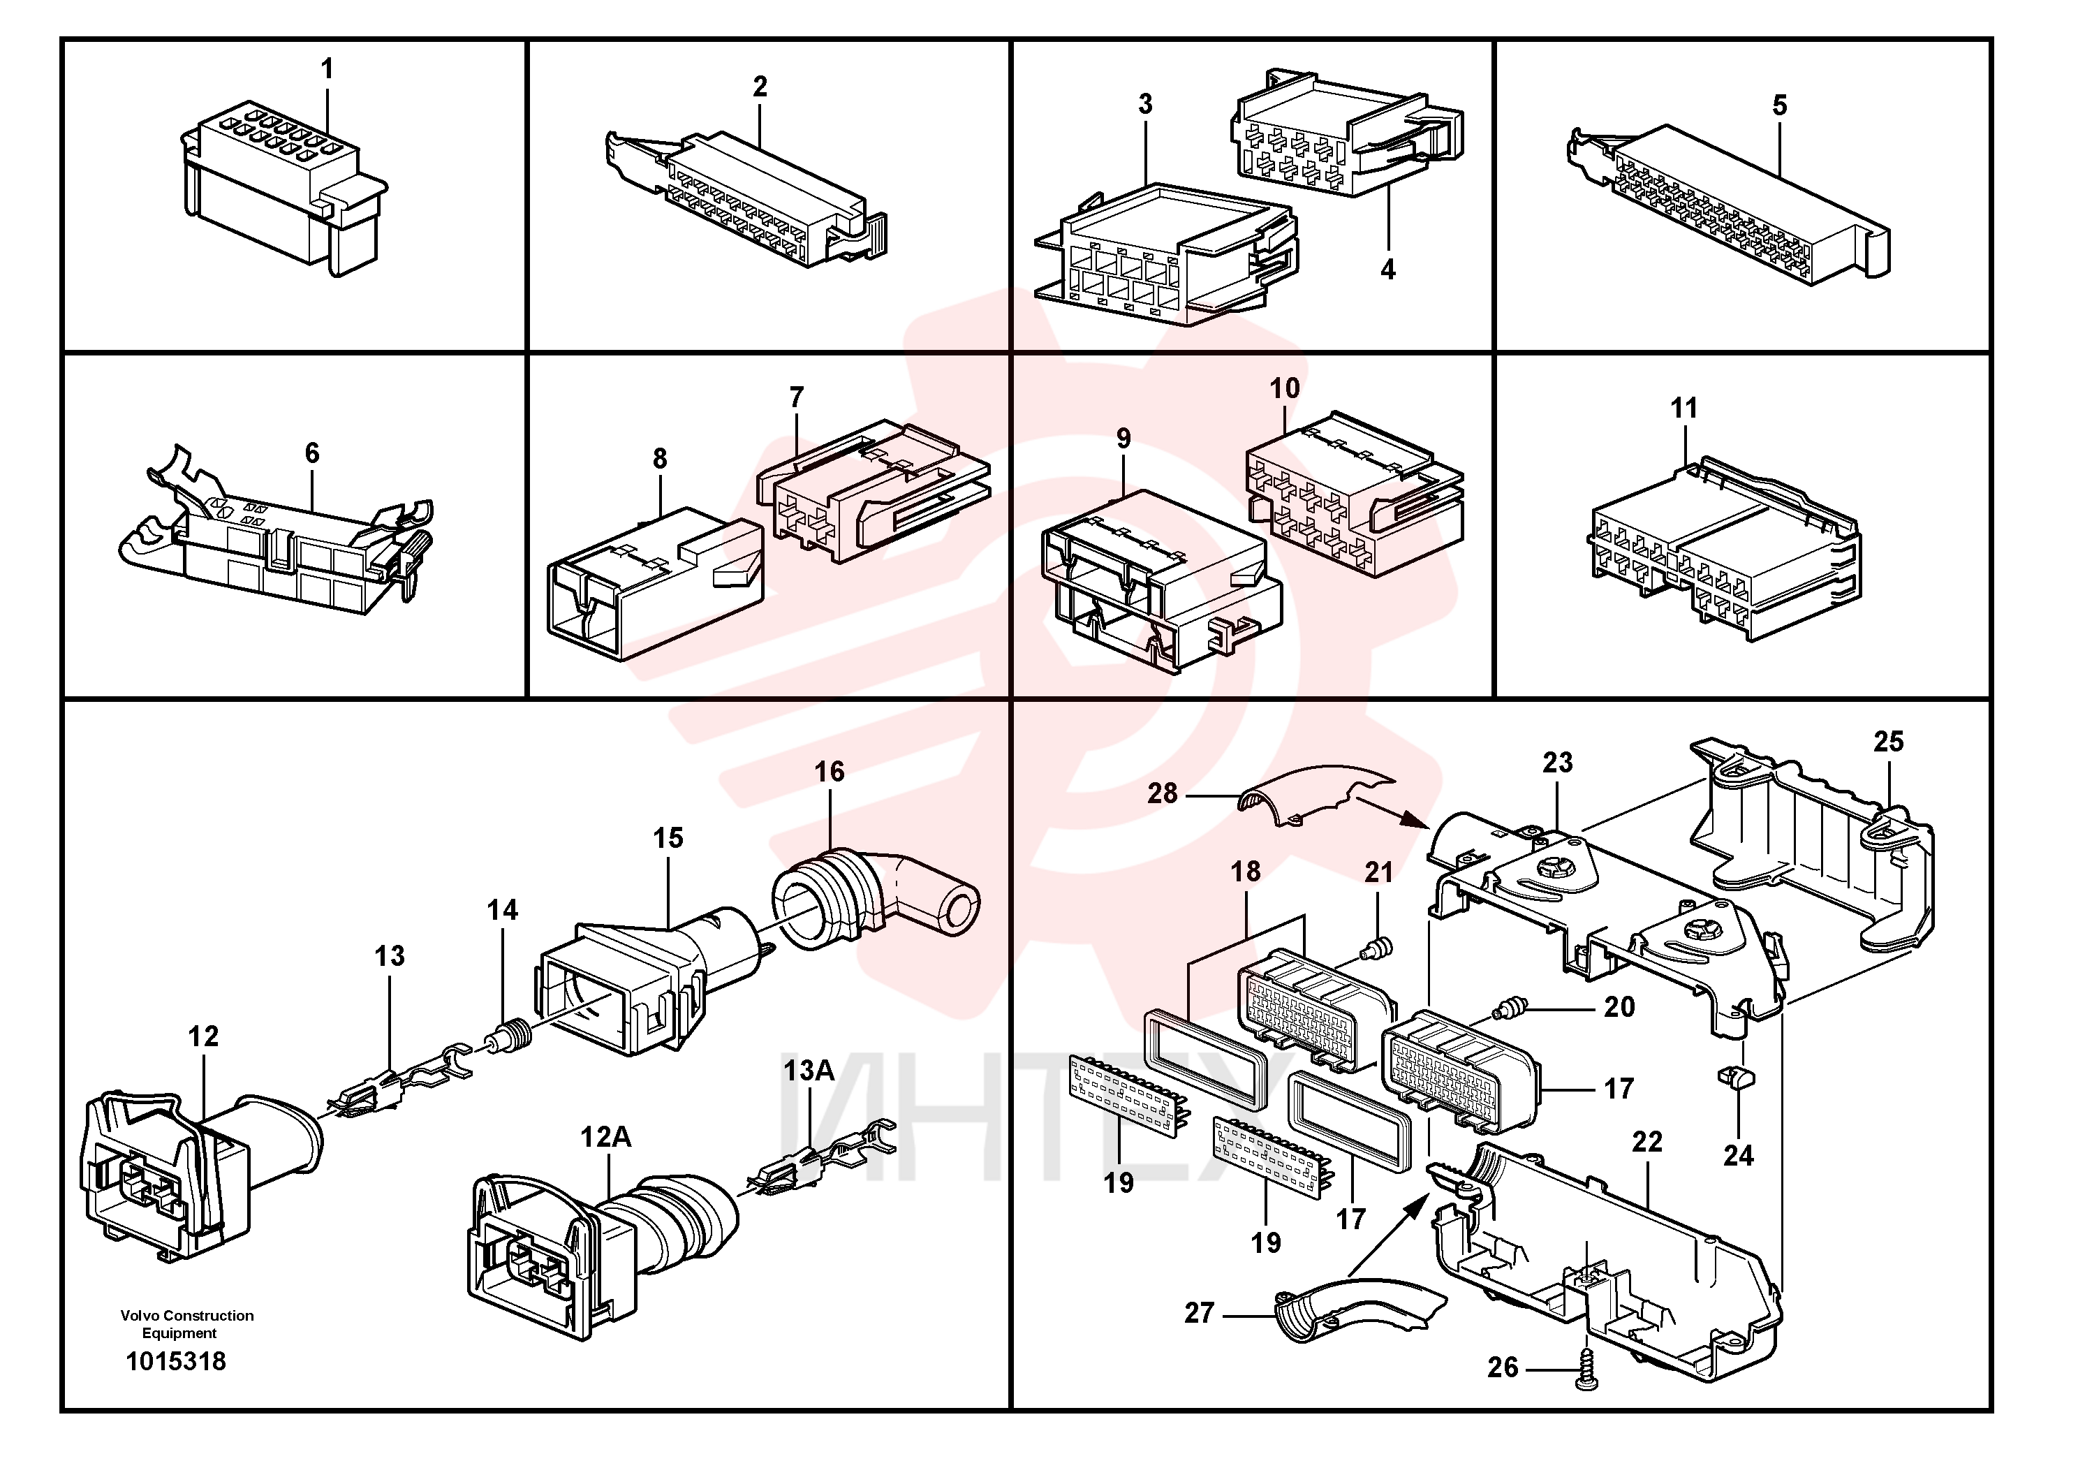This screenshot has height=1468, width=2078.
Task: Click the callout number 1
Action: (327, 68)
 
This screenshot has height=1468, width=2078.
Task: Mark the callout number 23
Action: (1558, 763)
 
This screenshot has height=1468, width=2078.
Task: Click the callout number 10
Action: (1284, 389)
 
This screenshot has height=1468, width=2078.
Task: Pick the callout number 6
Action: (312, 453)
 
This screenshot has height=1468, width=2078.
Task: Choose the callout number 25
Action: (1889, 742)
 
